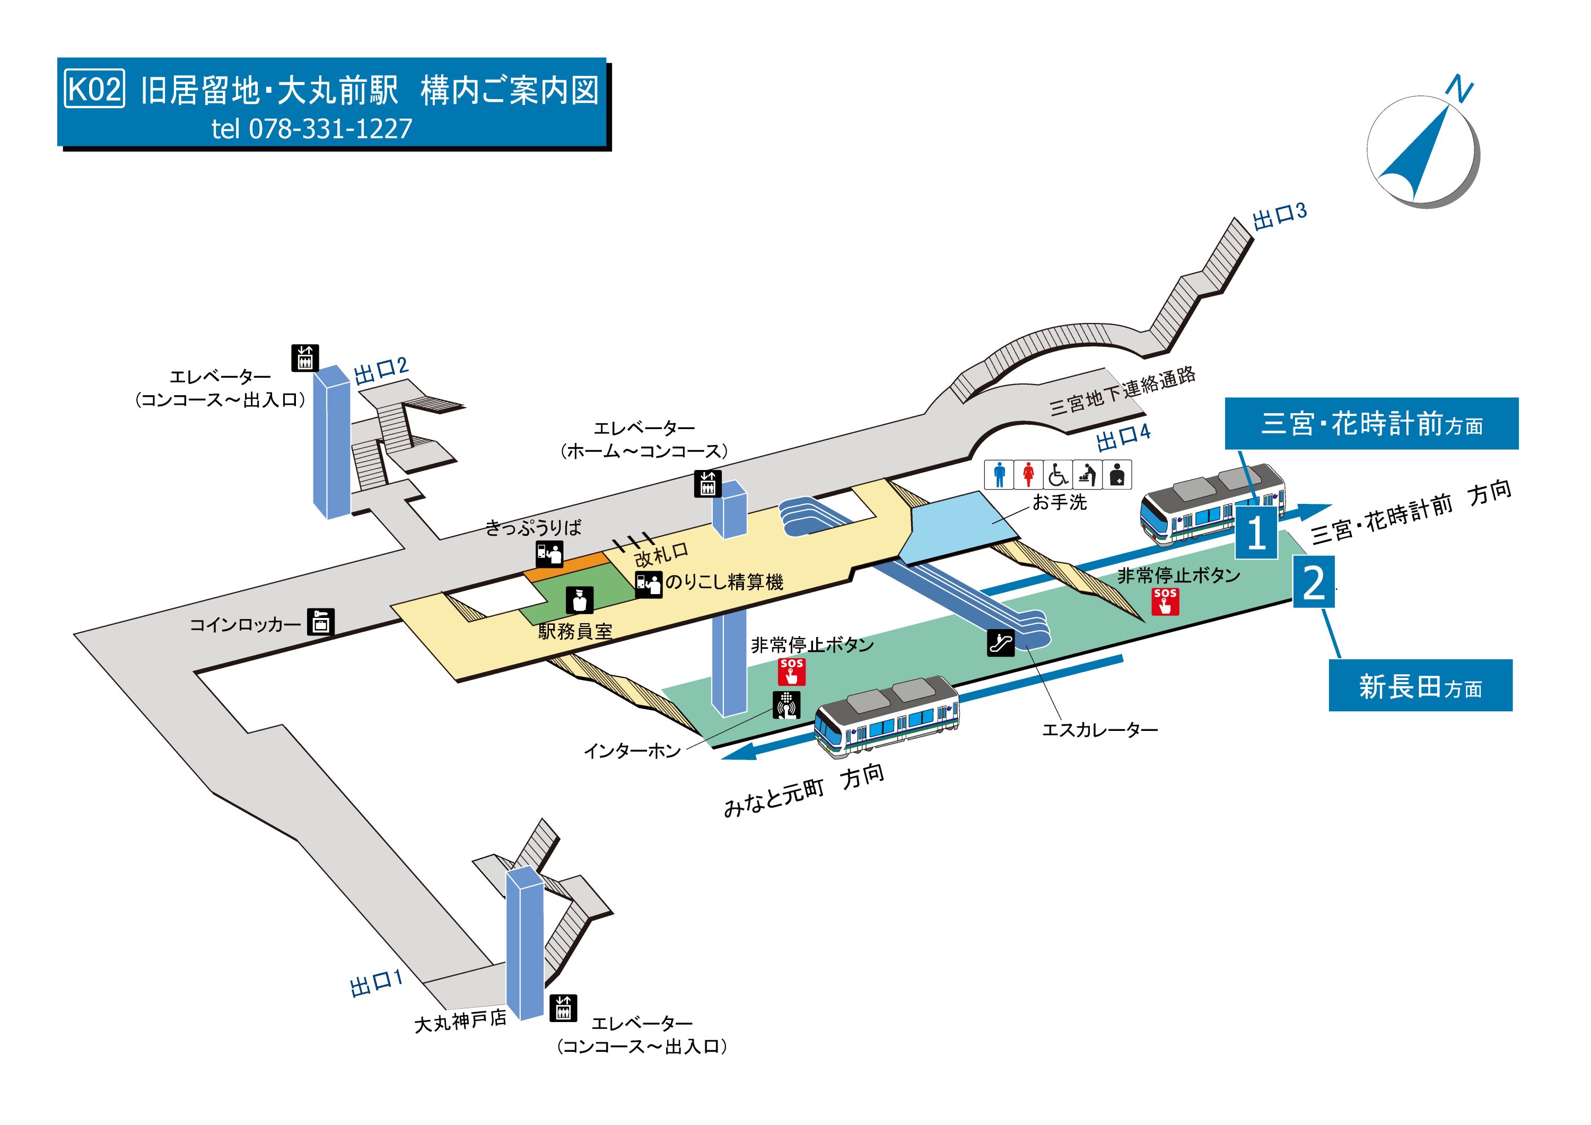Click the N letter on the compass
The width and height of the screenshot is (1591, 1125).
[1459, 90]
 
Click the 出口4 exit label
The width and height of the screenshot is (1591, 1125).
[1123, 437]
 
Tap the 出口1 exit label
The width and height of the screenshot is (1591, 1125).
[375, 983]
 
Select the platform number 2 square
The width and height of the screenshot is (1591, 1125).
[1314, 583]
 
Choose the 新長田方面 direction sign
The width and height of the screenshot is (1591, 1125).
[1420, 685]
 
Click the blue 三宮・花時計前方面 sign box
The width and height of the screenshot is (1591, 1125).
[1371, 423]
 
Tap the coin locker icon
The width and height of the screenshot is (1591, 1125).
[321, 622]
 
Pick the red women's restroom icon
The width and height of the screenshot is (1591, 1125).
[1028, 475]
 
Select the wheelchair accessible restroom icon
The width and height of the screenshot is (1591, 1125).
[1057, 475]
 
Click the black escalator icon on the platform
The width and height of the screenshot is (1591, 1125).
[1000, 642]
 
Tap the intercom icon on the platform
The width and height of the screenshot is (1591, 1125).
[786, 705]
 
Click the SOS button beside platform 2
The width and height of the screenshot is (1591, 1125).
[1165, 601]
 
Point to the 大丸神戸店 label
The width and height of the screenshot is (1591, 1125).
[460, 1021]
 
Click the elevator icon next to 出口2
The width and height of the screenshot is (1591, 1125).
[304, 357]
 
